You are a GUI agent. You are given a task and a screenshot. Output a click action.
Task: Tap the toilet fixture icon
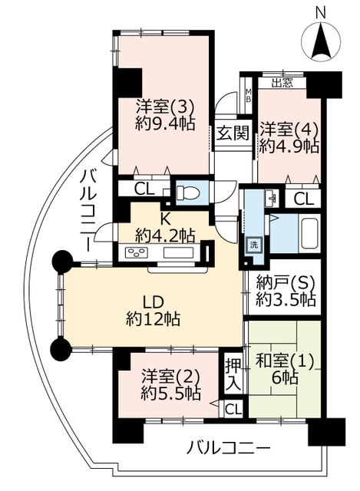[x=188, y=192]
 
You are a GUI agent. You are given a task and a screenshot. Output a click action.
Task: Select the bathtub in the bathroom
[x=309, y=232]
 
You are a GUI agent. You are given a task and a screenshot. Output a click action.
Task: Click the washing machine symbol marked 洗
[x=253, y=245]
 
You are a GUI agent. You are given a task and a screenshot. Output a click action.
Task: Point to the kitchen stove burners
[x=137, y=252]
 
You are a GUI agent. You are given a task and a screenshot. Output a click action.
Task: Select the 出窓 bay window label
[x=282, y=83]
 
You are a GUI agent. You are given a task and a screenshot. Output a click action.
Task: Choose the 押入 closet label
[x=234, y=374]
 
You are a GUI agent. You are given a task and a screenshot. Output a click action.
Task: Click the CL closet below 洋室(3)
[x=145, y=189]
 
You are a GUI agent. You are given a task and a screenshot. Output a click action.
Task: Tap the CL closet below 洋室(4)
[x=304, y=198]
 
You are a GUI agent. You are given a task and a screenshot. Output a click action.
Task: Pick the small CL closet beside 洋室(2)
[x=233, y=408]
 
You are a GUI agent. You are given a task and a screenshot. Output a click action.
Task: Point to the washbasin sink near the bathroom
[x=271, y=198]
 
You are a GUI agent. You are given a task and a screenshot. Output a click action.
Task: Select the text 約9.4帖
[x=165, y=124]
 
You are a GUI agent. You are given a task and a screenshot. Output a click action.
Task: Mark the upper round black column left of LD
[x=62, y=262]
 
